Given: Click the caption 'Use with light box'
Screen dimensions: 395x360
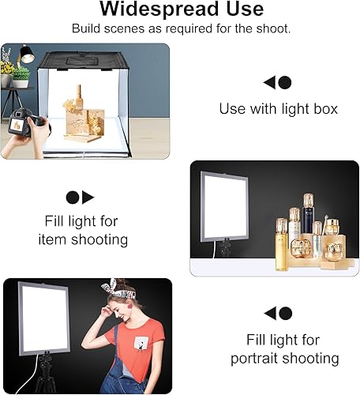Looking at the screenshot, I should point(278,108).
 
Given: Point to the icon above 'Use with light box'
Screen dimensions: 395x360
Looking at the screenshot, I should point(277,82).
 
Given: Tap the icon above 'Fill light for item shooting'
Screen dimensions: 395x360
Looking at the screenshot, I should point(80,197).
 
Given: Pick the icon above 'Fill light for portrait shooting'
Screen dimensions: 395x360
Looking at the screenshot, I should point(277,313).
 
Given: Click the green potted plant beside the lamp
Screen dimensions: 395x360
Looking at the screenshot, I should point(20,75).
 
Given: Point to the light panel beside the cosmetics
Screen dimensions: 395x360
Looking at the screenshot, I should point(223,206).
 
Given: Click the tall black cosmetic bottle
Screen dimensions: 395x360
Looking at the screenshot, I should point(308,218).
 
